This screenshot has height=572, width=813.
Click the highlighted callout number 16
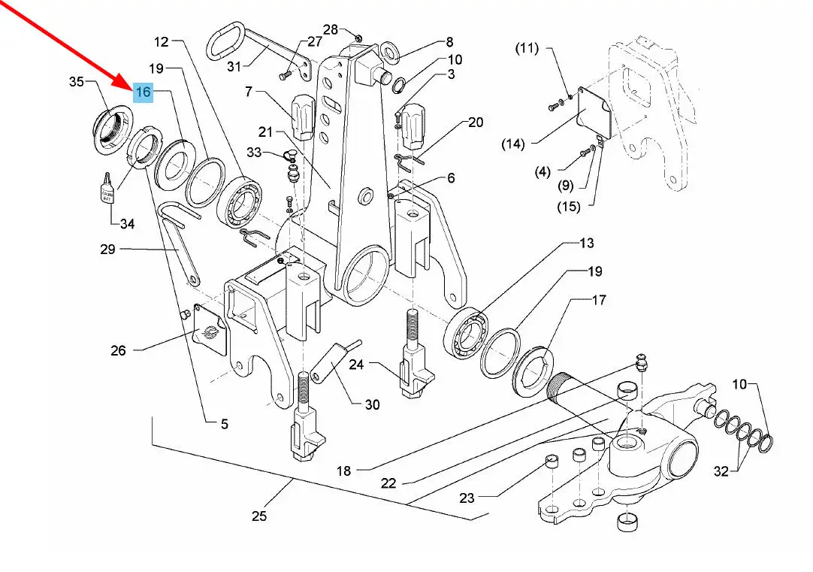pos(143,92)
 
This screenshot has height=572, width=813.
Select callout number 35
pos(77,81)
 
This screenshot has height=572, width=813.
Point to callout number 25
pos(258,516)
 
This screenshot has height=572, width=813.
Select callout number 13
pos(586,243)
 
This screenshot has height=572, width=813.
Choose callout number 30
pos(372,404)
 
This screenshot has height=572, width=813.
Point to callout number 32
pos(721,472)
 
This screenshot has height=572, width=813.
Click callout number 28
pos(331,30)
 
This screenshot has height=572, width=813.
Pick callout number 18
pos(343,471)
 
